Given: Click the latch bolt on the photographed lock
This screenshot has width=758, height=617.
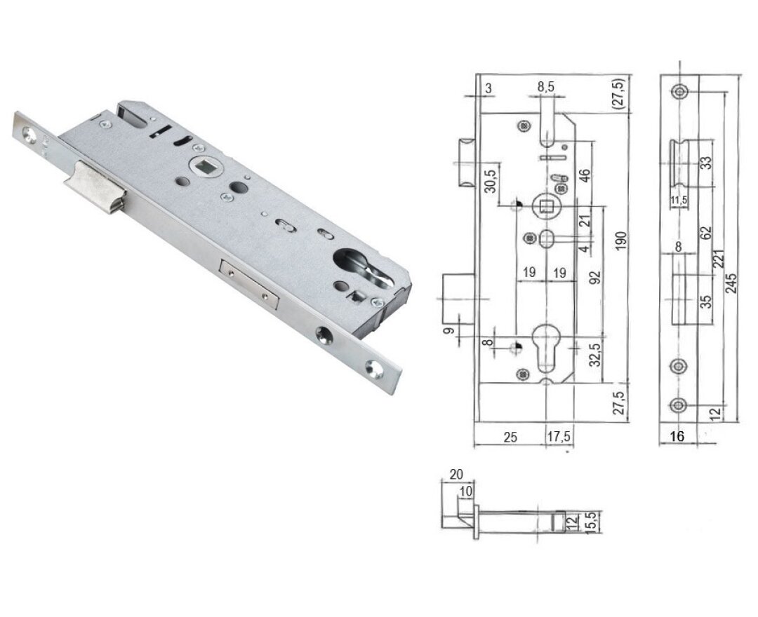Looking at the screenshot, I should (x=94, y=186).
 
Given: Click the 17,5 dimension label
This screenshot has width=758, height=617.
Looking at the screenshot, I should (x=559, y=437).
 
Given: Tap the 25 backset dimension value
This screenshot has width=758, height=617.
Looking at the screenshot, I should (x=510, y=437).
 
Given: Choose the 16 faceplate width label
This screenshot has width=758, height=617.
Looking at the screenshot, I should (x=677, y=436).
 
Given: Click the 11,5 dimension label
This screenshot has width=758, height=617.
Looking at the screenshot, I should (x=678, y=201).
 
